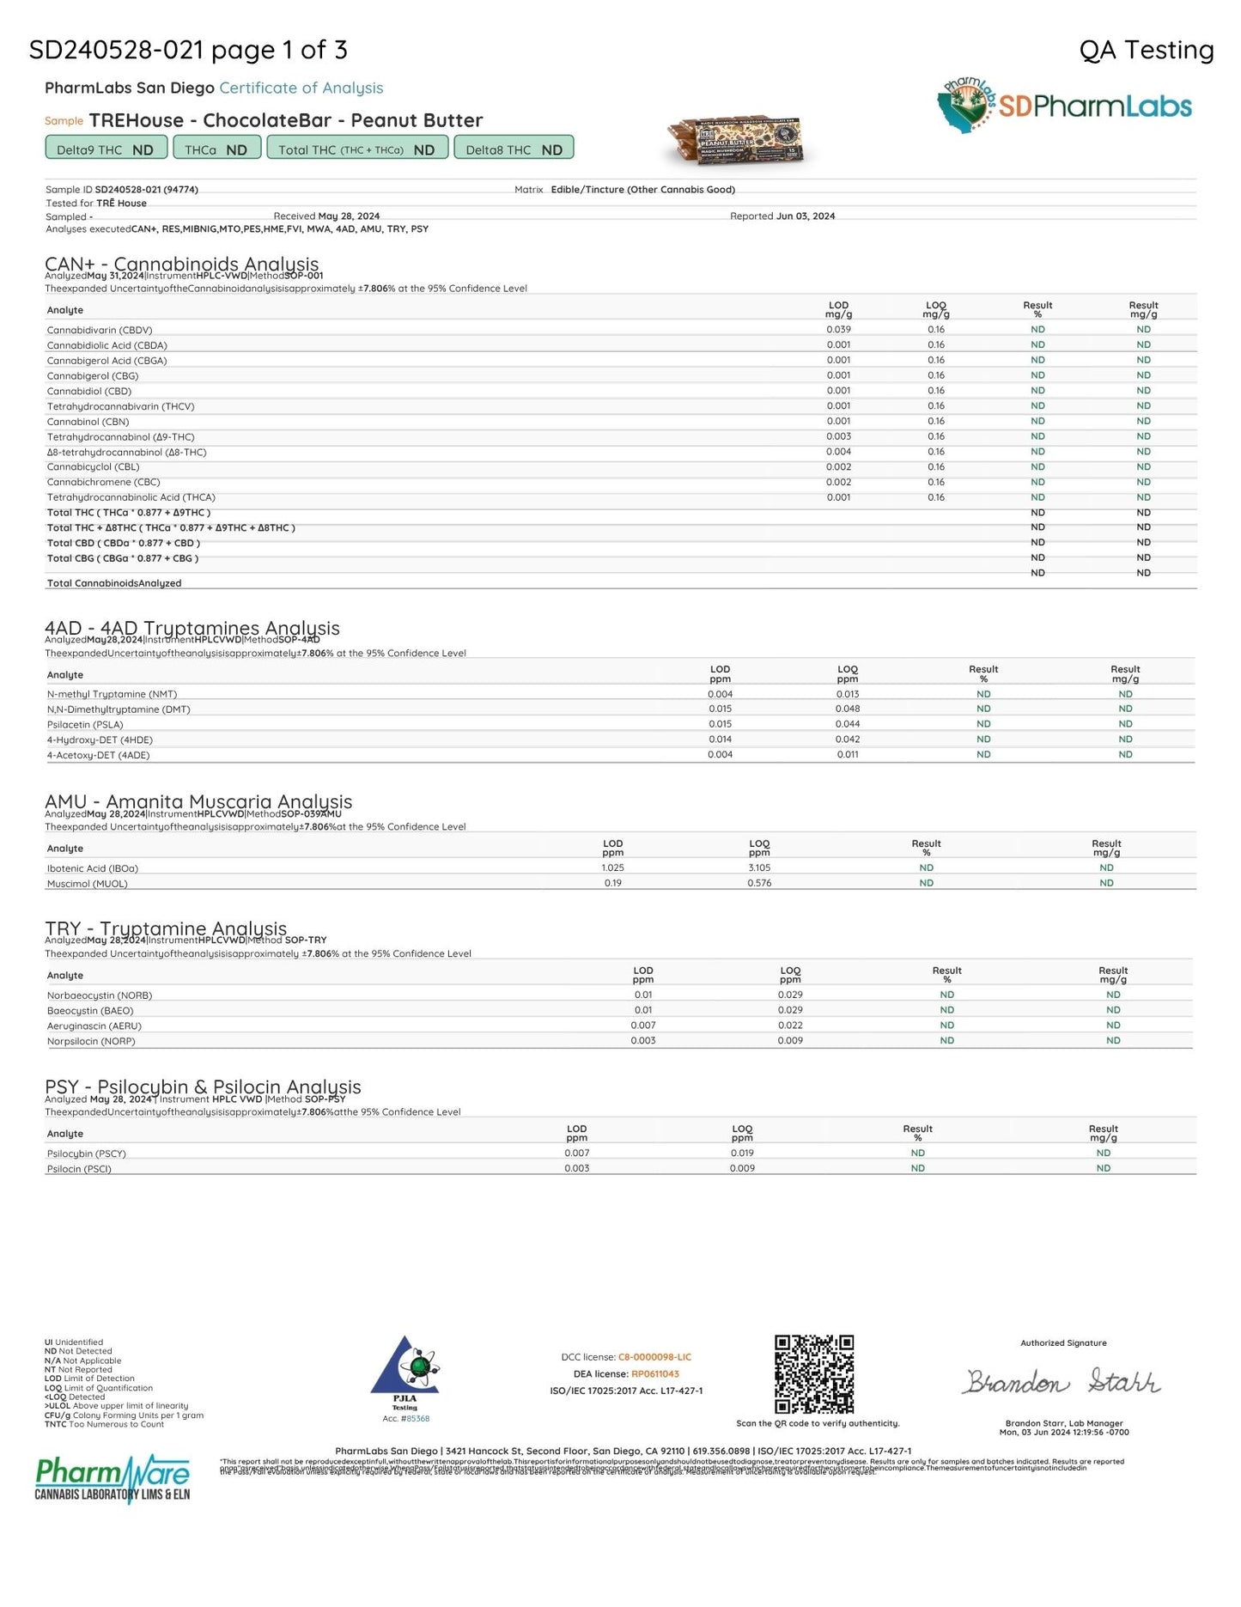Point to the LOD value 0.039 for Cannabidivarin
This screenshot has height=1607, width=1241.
coord(838,330)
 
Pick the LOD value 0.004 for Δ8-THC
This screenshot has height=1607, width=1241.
coord(838,452)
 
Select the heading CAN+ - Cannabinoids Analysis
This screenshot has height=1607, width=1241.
coord(181,264)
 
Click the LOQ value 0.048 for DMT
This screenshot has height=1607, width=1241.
coord(847,709)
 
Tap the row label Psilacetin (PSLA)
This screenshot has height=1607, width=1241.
coord(85,725)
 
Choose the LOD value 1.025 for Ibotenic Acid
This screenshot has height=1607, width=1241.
coord(612,868)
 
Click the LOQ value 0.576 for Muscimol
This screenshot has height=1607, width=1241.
coord(759,883)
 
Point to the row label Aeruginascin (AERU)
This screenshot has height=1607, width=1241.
coord(94,1026)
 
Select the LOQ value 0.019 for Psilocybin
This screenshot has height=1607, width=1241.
coord(742,1154)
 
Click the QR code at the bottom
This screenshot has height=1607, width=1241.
coord(814,1373)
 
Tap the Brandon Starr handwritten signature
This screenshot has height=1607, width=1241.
coord(1062,1382)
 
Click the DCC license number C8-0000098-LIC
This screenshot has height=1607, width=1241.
coord(654,1357)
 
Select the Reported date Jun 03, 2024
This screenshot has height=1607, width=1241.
coord(805,216)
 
